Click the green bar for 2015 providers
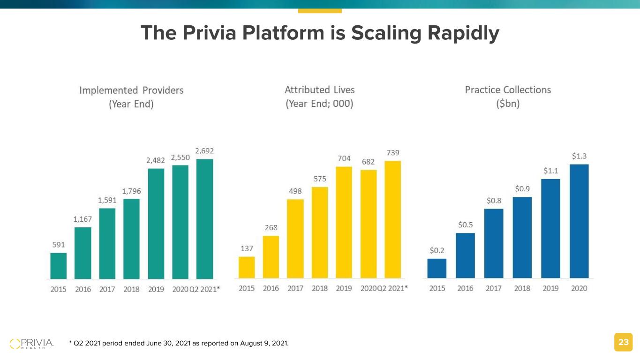pos(59,266)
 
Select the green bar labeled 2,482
pos(156,224)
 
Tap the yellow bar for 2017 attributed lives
pos(295,239)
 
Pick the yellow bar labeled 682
pos(369,224)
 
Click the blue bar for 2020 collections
pos(579,221)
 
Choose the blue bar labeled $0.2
pos(437,269)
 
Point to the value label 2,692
pos(204,151)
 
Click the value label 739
pos(393,153)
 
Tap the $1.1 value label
pos(550,171)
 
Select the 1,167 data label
pos(83,219)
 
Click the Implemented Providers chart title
pos(131,97)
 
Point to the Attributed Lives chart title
pos(320,97)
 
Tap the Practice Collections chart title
pos(508,97)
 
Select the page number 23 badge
pos(623,343)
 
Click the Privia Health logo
pos(32,343)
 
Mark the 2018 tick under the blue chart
pos(522,289)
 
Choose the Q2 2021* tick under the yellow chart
pos(393,289)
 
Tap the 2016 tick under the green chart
pos(83,290)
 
